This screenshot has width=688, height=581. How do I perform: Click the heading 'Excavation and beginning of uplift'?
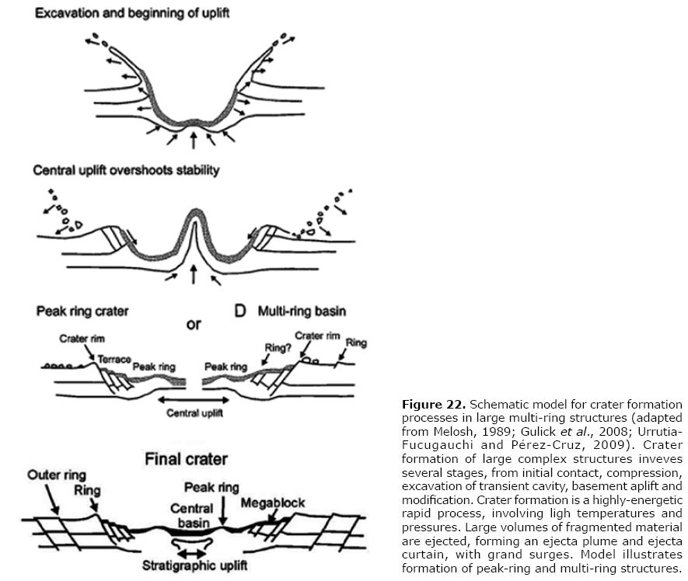point(132,13)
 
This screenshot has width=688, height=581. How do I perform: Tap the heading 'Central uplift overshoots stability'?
point(127,170)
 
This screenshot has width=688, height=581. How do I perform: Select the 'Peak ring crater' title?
point(82,311)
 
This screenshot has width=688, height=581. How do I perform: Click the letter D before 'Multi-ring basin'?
point(240,311)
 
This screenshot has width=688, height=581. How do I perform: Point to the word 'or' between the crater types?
point(194,325)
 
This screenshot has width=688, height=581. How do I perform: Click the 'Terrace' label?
point(114,360)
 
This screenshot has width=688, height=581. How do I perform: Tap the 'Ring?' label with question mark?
point(278,348)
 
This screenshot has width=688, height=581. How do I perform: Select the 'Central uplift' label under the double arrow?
point(195,413)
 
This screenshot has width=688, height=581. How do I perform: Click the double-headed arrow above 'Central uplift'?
point(194,400)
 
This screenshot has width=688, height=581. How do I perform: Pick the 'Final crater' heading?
point(186,459)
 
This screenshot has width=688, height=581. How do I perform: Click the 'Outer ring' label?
point(57,475)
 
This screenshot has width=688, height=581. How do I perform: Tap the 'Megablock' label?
point(273,503)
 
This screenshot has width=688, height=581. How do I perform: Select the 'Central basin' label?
point(192,516)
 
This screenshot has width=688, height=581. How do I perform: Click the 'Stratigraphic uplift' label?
point(195,565)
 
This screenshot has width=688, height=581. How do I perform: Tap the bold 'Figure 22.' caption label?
point(434,404)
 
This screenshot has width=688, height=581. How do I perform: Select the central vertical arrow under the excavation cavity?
point(193,141)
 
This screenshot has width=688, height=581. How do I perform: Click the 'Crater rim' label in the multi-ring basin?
point(317,336)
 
